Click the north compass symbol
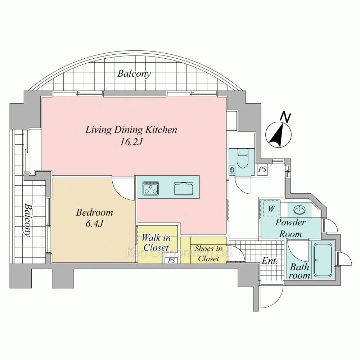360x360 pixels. tap(279, 135)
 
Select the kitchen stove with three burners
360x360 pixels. tap(150, 188)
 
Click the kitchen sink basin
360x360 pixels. tap(184, 188)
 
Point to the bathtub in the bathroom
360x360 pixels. tap(323, 260)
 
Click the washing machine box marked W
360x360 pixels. tap(271, 208)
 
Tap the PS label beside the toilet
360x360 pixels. tap(262, 170)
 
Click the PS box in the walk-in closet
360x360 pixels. tap(171, 260)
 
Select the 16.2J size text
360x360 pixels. tap(131, 142)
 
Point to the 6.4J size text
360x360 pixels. tap(94, 224)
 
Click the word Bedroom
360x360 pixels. tap(94, 212)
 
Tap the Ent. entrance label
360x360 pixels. tap(270, 261)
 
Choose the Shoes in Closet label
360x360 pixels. tap(208, 253)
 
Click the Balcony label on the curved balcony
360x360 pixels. tap(134, 74)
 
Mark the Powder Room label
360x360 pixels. tap(291, 228)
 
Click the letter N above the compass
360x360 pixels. tap(285, 117)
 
